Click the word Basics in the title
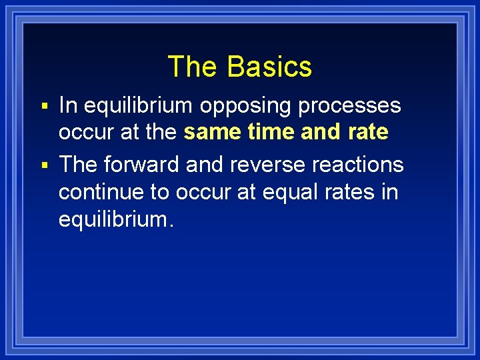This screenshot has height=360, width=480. click(269, 67)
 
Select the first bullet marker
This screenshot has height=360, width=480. click(44, 107)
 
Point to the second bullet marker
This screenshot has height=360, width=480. click(44, 165)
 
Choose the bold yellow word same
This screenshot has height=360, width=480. click(210, 132)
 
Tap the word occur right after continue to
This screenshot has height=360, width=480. click(201, 192)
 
